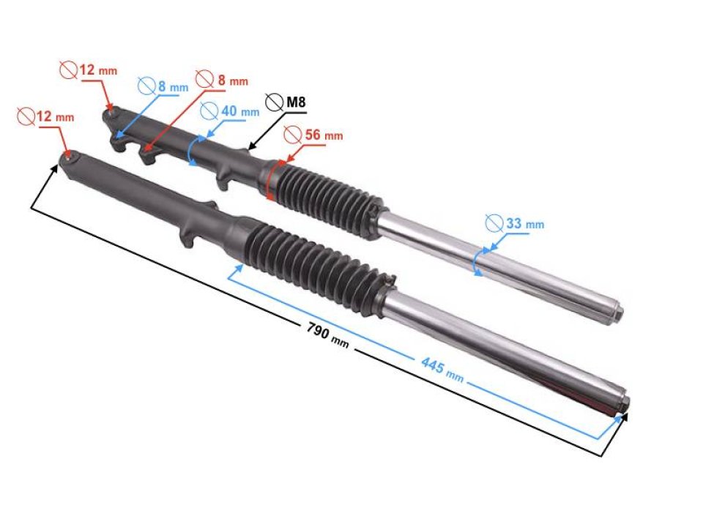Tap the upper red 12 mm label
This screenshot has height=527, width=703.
[96, 71]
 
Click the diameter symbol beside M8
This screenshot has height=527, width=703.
[275, 102]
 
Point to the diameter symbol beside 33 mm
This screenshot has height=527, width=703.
[494, 222]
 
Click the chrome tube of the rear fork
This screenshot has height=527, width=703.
[498, 267]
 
